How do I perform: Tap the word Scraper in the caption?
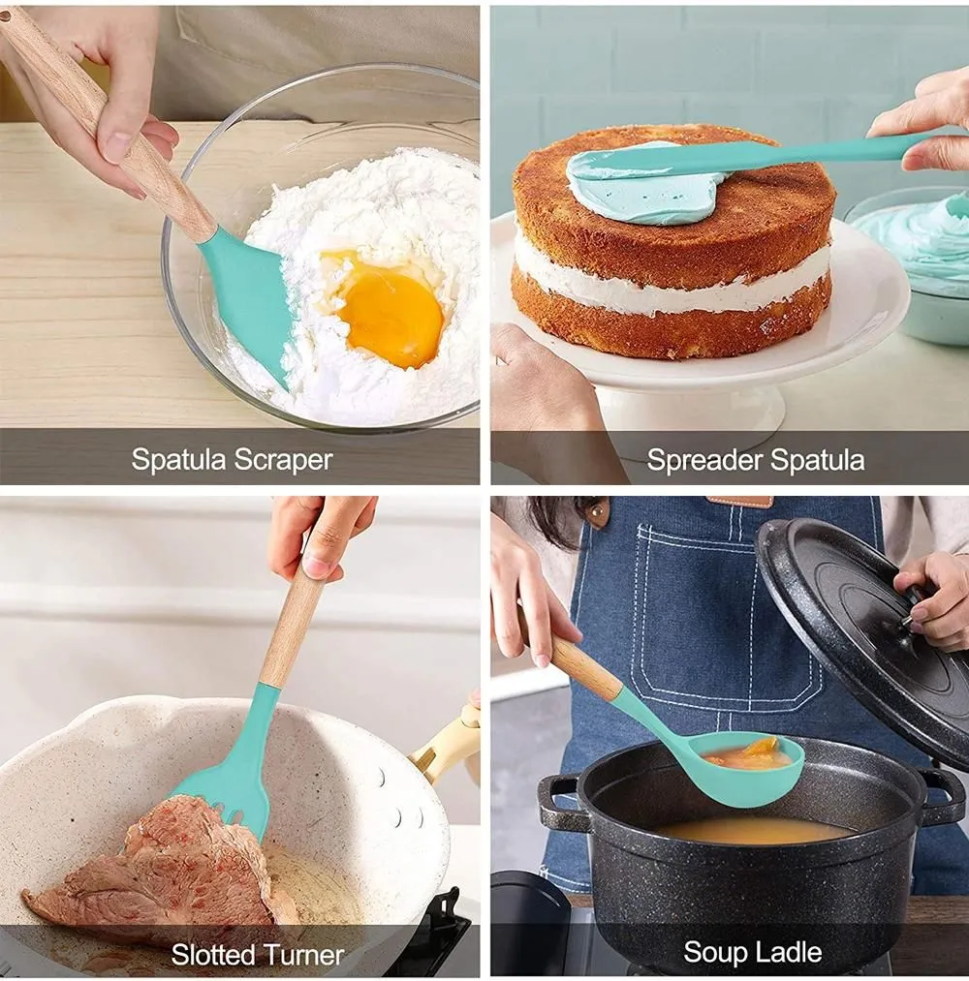pos(283,460)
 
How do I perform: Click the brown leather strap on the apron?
pos(737,501)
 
